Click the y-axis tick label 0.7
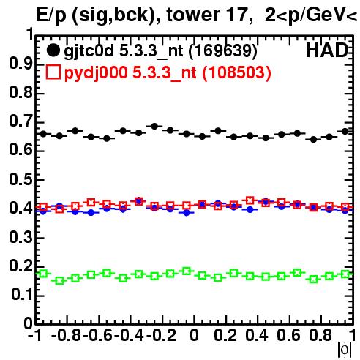(x=21, y=121)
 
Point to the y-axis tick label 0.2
(x=21, y=266)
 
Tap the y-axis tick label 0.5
(x=21, y=179)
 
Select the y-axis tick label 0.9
(x=21, y=64)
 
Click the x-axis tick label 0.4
(x=257, y=335)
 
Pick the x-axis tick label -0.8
(x=67, y=335)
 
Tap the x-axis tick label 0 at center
(x=194, y=335)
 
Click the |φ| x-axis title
(x=345, y=350)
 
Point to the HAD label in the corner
(x=327, y=50)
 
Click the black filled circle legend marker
(x=53, y=50)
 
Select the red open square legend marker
(x=53, y=72)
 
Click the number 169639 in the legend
(x=223, y=50)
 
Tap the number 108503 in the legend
(x=236, y=72)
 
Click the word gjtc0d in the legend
(x=89, y=51)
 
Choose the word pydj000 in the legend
(x=96, y=73)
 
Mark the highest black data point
(x=154, y=126)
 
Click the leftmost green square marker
(x=43, y=274)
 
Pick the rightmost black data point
(x=345, y=132)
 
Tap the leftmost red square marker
(x=43, y=208)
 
